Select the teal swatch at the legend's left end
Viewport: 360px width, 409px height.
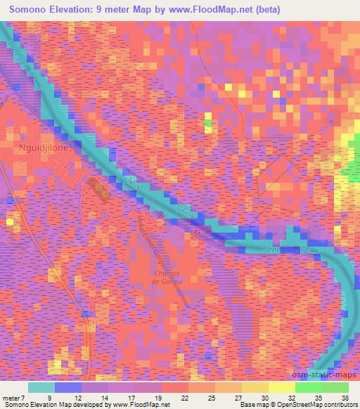point(41,387)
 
